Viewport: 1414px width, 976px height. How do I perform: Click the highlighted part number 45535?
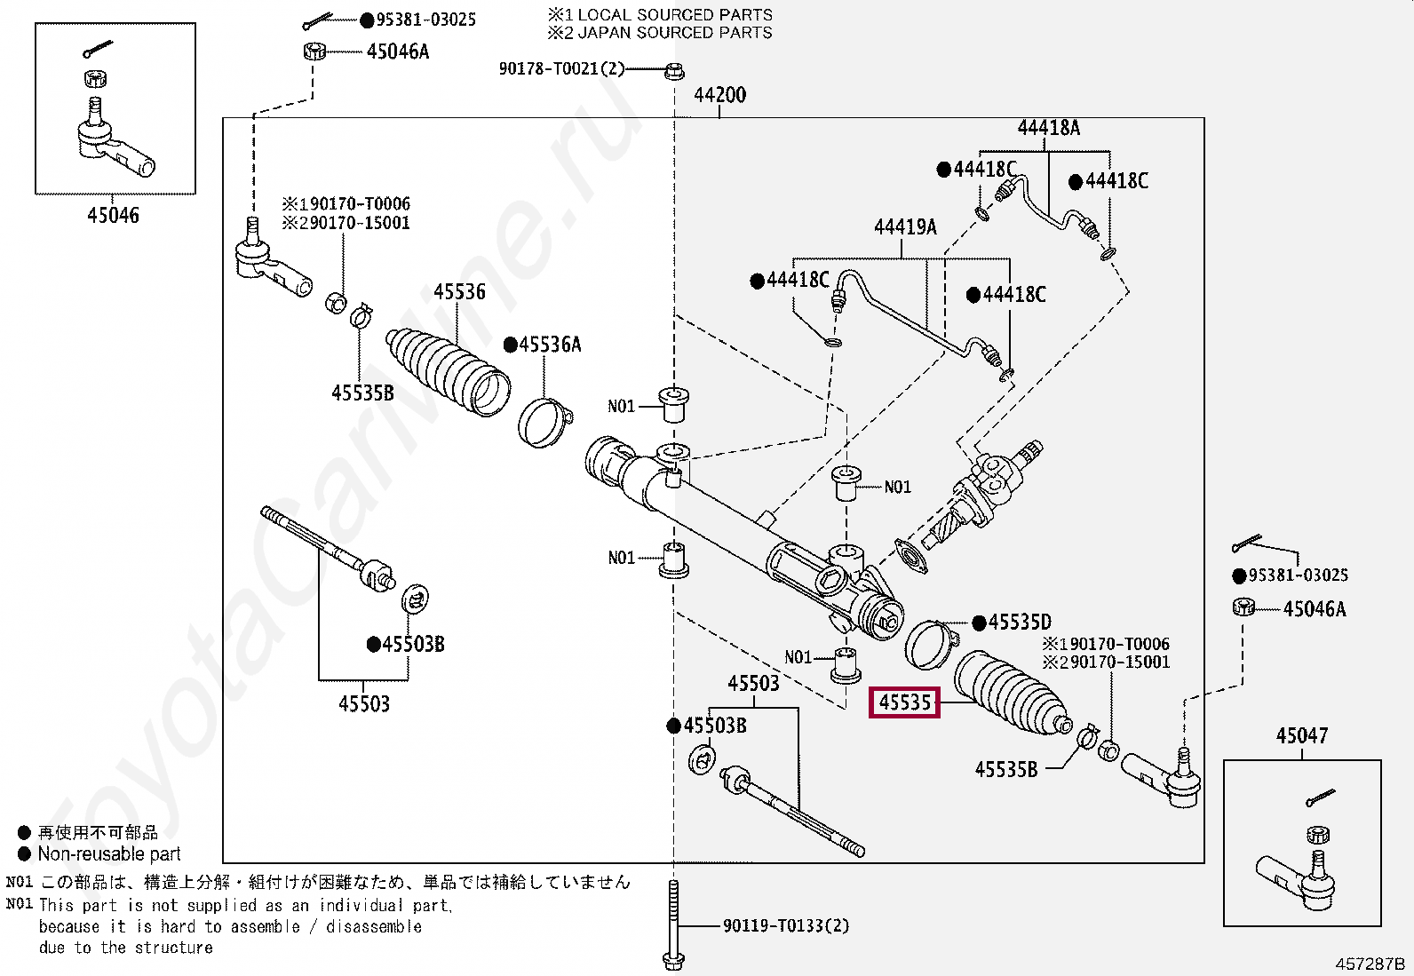click(904, 703)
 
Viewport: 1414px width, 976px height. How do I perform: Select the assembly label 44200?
click(719, 95)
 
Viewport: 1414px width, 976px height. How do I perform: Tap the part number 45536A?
click(550, 345)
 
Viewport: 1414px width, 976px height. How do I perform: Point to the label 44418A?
click(1048, 128)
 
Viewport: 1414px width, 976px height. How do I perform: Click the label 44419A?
click(905, 227)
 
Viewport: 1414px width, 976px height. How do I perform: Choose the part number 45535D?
click(1020, 623)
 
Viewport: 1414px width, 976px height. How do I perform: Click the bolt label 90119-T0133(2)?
click(785, 926)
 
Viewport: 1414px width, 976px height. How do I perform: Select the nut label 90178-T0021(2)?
click(561, 68)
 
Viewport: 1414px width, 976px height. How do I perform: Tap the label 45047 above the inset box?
click(1301, 736)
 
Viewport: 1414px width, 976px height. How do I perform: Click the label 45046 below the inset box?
click(113, 215)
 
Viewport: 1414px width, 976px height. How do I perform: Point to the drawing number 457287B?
click(1370, 964)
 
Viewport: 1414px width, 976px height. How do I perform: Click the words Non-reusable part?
click(108, 854)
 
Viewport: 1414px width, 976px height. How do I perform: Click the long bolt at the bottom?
click(673, 924)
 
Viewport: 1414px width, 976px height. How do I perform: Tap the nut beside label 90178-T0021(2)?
click(673, 69)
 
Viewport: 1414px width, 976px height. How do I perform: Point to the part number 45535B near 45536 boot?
click(362, 393)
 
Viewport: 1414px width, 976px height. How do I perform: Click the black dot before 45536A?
click(511, 345)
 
